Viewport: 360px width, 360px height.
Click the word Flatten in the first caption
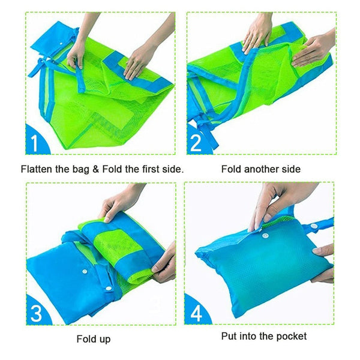pyautogui.click(x=38, y=170)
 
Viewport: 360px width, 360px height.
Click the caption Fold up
pyautogui.click(x=94, y=339)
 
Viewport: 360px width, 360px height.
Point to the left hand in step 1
pyautogui.click(x=76, y=53)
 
